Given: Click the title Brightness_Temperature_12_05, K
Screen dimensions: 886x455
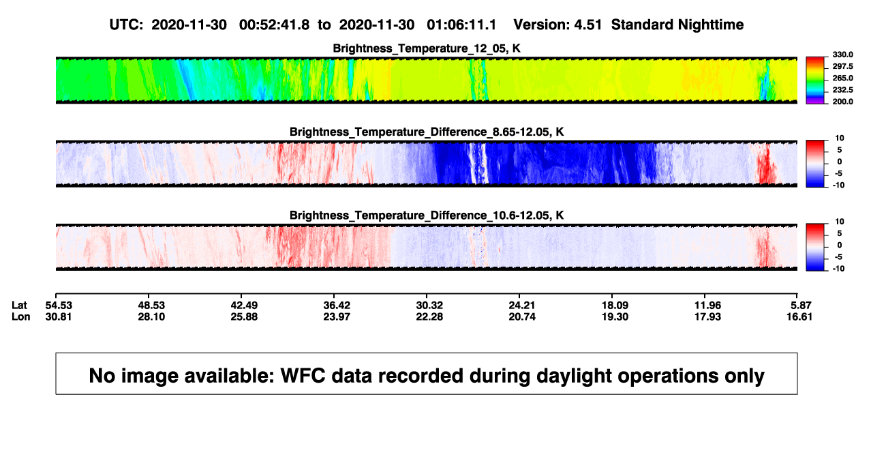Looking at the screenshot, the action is click(x=427, y=48).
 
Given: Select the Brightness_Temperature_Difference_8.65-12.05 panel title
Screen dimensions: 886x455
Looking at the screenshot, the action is click(x=427, y=132).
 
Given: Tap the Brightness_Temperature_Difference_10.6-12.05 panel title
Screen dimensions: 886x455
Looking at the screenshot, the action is click(x=427, y=216).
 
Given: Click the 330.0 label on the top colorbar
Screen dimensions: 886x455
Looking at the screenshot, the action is click(x=843, y=55).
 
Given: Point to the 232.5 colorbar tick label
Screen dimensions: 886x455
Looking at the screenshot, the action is click(x=843, y=90).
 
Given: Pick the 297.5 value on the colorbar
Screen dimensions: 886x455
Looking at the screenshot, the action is click(x=843, y=66).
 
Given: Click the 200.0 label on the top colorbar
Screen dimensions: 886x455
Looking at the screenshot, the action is click(x=843, y=102).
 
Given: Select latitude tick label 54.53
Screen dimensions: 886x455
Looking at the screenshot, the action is click(x=59, y=306).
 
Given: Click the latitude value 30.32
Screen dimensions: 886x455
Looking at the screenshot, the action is click(x=429, y=306).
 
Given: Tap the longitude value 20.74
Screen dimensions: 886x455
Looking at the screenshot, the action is click(x=522, y=317).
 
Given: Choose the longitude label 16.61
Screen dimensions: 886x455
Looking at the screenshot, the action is click(x=799, y=317).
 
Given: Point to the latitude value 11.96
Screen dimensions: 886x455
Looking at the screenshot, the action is click(x=707, y=306).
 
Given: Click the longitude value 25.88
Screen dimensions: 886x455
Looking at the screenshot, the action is click(x=244, y=317).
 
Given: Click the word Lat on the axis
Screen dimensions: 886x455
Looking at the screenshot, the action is click(x=19, y=306).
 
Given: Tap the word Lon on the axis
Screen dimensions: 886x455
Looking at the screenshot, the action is click(x=21, y=317).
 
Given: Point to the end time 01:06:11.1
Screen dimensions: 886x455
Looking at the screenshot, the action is click(x=461, y=25).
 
